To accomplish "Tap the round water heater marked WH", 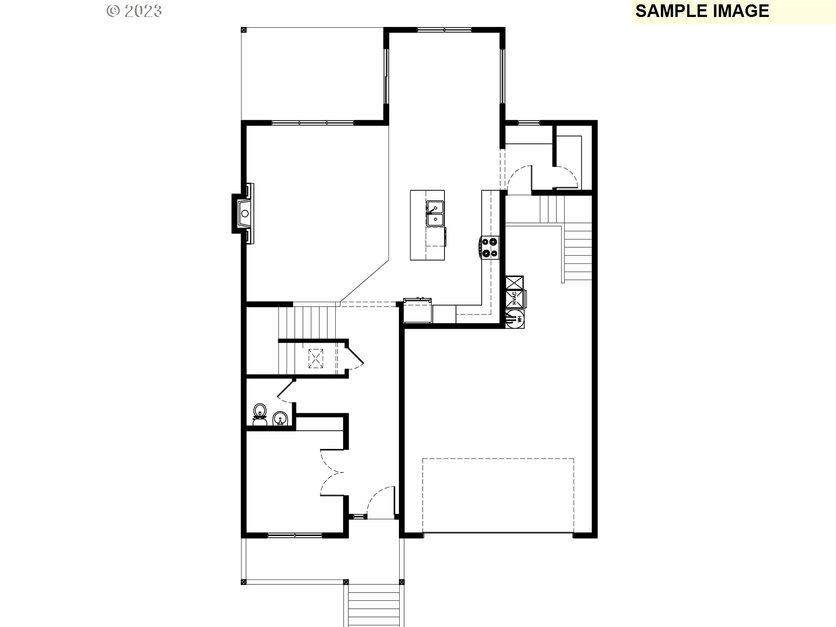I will click(515, 319).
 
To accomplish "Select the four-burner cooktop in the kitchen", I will click(490, 247).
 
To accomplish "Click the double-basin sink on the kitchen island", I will click(435, 213).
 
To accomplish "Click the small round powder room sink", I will click(280, 419).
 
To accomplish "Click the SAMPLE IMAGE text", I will click(702, 11).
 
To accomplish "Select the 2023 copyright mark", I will click(135, 11).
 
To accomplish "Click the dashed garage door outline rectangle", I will click(498, 495).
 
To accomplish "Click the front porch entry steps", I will click(374, 605).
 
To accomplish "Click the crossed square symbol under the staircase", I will click(316, 358).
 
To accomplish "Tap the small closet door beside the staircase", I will click(355, 355).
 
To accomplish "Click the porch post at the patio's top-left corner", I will click(243, 30).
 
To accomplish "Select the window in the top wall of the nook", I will click(444, 30).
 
